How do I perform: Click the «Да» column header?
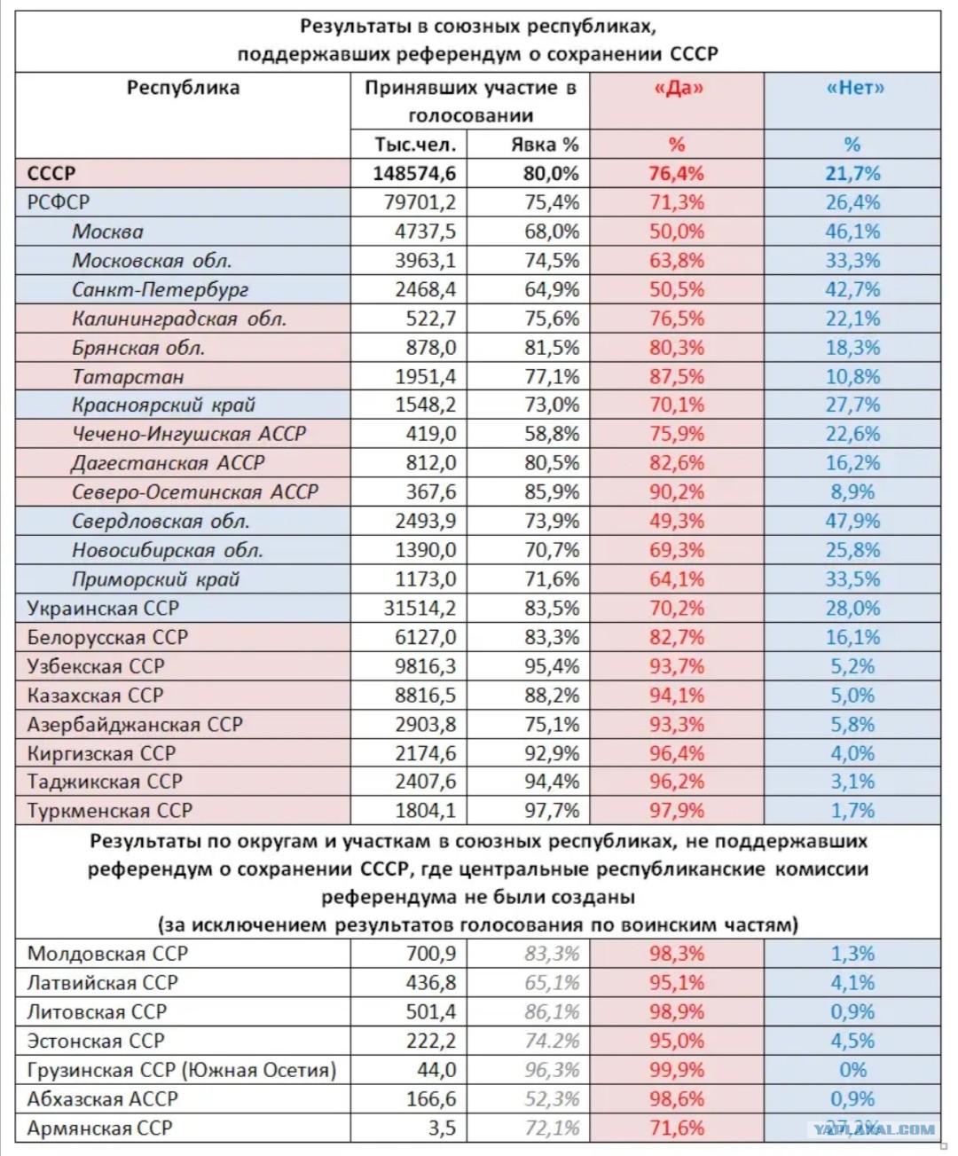coord(678,88)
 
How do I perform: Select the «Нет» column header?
coord(854,88)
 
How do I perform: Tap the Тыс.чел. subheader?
coord(415,145)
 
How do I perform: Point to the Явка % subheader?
coord(545,145)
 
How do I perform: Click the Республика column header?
coord(184,88)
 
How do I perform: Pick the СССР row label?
coord(51,174)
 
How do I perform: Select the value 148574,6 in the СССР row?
coord(414,174)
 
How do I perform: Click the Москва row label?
coord(107,232)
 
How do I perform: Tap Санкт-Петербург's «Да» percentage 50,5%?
coord(676,289)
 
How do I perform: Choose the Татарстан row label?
coord(128,377)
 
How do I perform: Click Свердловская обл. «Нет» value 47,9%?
coord(852,521)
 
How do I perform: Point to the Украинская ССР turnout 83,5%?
coord(552,609)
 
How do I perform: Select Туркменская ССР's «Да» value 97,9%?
coord(676,811)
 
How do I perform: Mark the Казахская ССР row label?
coord(95,696)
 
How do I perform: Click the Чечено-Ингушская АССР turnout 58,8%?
coord(552,434)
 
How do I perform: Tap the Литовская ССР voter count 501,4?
coord(431,1012)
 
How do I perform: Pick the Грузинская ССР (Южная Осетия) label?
coord(182,1070)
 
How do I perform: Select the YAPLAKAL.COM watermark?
coord(874,1129)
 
